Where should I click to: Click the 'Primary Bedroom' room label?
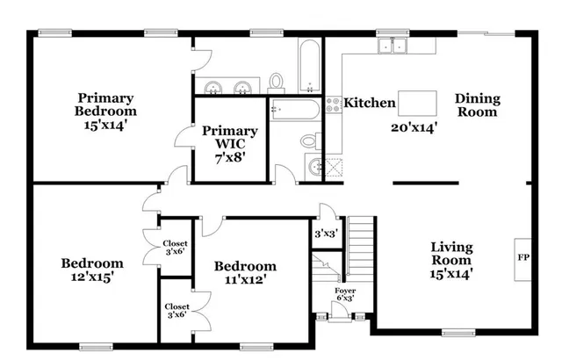105,104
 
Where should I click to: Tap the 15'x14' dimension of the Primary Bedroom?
105,126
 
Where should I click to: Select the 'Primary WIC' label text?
230,138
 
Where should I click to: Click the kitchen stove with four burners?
334,105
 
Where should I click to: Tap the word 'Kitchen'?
369,104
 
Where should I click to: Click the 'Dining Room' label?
477,105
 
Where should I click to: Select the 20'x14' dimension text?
414,126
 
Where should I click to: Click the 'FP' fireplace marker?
521,259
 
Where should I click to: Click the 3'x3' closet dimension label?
327,234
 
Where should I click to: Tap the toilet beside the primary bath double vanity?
277,83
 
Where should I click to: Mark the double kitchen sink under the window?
392,47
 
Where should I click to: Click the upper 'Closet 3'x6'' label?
175,248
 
